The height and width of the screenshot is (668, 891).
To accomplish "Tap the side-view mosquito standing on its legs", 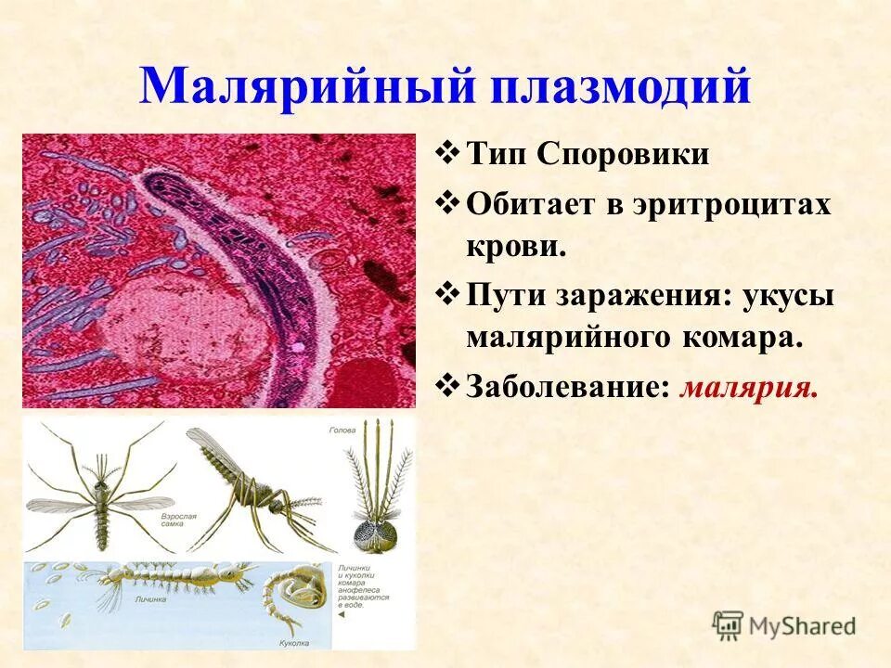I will [251, 492].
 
